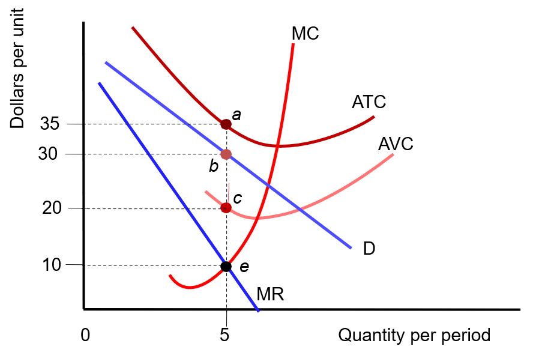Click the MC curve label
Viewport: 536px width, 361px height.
coord(305,34)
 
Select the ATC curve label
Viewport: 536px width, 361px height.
coord(369,102)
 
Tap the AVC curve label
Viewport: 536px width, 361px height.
coord(396,144)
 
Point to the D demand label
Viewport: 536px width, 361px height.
coord(369,248)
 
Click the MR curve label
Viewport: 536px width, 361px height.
coord(270,294)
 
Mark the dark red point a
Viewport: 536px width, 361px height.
coord(226,124)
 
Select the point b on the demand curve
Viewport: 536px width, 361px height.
coord(226,154)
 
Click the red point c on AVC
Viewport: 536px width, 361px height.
coord(226,208)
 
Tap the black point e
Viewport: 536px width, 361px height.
coord(226,266)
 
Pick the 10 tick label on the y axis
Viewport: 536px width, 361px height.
coord(51,265)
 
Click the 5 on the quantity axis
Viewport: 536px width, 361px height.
coord(224,335)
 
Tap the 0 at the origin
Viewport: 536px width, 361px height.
coord(85,335)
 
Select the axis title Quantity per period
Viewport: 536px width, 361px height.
coord(414,335)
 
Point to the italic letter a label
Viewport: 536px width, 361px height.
coord(236,114)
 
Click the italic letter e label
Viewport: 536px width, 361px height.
coord(244,267)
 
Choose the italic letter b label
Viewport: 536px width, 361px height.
coord(213,166)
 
